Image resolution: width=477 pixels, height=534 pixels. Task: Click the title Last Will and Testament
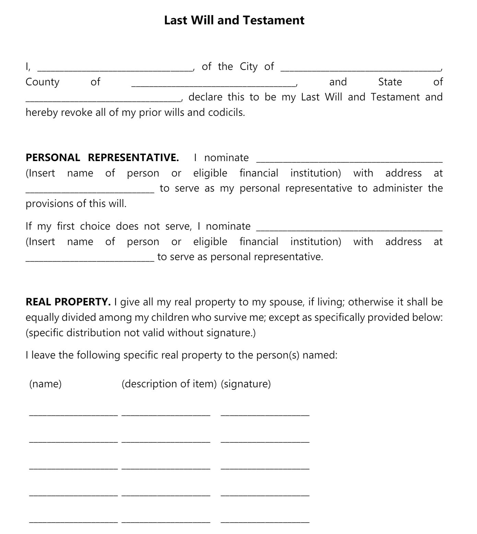pyautogui.click(x=234, y=20)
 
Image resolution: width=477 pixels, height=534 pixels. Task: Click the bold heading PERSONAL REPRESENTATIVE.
pyautogui.click(x=102, y=158)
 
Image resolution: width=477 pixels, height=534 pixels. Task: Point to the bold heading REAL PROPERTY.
pyautogui.click(x=68, y=302)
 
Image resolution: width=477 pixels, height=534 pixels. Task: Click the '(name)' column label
pyautogui.click(x=46, y=384)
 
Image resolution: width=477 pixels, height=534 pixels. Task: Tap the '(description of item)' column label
pyautogui.click(x=169, y=384)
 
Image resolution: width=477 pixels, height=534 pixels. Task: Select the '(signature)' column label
pyautogui.click(x=246, y=384)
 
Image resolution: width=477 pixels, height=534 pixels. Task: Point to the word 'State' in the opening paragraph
pyautogui.click(x=390, y=82)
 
